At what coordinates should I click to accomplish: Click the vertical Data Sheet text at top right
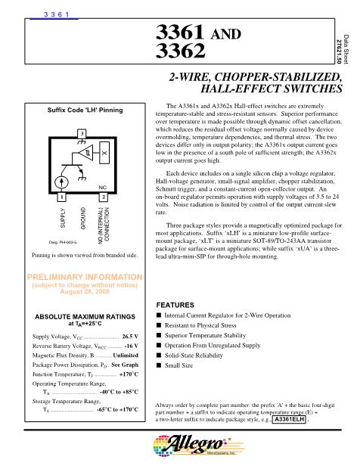[347, 45]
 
